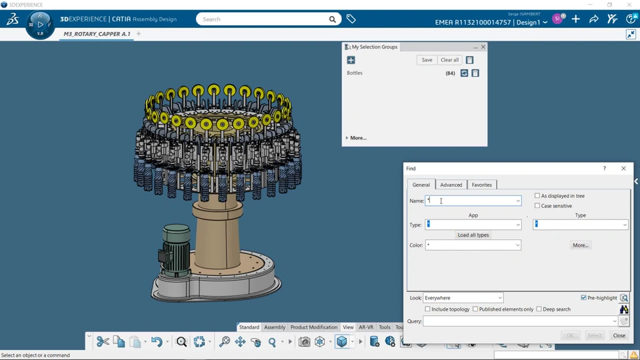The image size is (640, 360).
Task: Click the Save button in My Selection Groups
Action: click(427, 60)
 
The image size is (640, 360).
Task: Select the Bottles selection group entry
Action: click(355, 73)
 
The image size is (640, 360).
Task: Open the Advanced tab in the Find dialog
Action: click(451, 185)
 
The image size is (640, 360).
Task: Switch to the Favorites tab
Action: click(481, 185)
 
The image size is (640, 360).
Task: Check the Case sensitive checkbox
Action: click(537, 206)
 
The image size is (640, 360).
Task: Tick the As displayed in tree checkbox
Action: click(537, 195)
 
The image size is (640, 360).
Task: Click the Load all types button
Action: click(473, 235)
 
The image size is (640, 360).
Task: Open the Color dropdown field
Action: click(473, 245)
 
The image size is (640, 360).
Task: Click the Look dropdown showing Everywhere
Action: click(463, 298)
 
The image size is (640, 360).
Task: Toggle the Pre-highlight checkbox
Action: click(584, 297)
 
